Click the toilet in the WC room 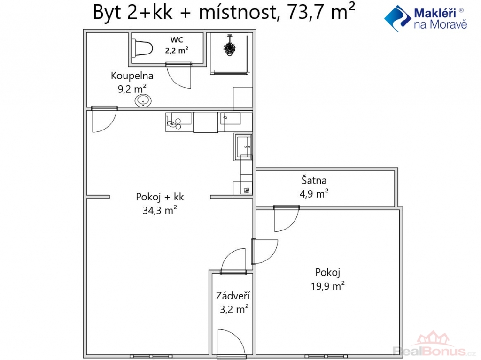[x=143, y=48]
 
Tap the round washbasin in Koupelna [x=143, y=100]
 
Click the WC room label [x=177, y=39]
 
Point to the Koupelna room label [x=132, y=76]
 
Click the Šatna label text [x=314, y=180]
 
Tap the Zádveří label [x=233, y=296]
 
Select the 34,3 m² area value [x=160, y=210]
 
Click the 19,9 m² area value [x=327, y=286]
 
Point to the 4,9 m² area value [x=314, y=194]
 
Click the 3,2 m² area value [x=234, y=309]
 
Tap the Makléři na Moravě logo [x=426, y=18]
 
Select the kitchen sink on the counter [x=243, y=146]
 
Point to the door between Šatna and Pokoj [x=287, y=219]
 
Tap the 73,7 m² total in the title [x=321, y=12]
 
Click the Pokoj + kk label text [x=160, y=197]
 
